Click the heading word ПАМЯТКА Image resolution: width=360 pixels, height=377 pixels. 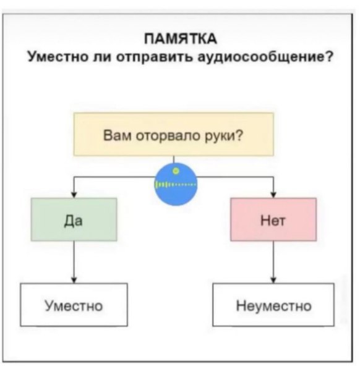tap(181, 39)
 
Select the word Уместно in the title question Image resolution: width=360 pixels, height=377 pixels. tap(58, 57)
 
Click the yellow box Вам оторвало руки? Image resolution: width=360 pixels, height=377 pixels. tap(173, 134)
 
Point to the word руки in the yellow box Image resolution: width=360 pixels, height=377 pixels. tap(220, 136)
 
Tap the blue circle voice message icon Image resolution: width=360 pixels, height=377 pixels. tap(176, 184)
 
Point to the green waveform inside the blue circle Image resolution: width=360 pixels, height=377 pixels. tap(176, 185)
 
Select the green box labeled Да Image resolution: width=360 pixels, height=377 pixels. tap(74, 219)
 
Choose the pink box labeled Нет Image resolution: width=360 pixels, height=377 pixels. tap(273, 219)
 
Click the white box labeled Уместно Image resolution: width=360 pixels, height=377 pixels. tap(74, 305)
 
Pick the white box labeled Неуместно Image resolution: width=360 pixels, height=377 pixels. tap(273, 305)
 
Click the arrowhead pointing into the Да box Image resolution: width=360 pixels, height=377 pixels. tap(74, 195)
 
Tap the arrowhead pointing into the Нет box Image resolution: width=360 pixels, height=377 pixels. tap(273, 195)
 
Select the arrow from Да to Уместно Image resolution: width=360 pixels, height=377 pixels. tap(74, 262)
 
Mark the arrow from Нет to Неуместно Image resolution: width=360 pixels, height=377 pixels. tap(273, 262)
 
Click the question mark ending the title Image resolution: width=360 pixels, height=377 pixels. tap(330, 56)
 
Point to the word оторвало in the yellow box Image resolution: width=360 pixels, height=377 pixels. tap(169, 136)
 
